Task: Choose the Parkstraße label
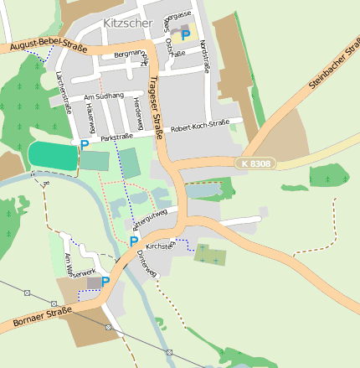click(117, 136)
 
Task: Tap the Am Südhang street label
click(104, 97)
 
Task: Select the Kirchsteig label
click(159, 246)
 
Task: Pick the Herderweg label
click(137, 108)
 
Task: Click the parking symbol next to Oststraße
click(186, 34)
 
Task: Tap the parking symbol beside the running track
click(84, 146)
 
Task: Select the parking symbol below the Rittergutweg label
click(133, 241)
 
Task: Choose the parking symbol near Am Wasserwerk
click(105, 282)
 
